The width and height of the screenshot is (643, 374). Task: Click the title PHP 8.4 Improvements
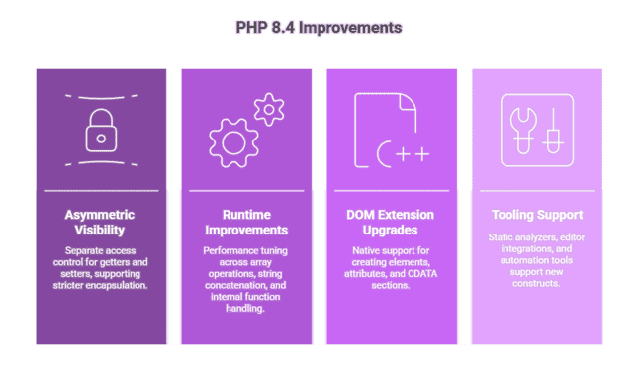click(321, 27)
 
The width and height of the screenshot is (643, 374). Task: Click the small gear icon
click(268, 108)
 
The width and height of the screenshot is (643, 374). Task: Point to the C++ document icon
click(392, 130)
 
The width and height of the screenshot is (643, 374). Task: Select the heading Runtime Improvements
click(247, 223)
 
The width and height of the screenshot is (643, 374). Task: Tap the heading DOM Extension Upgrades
click(393, 223)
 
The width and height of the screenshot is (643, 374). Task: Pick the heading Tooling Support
click(537, 215)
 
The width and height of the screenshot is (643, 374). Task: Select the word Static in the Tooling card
click(500, 238)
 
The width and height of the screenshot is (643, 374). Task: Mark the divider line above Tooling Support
click(537, 190)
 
